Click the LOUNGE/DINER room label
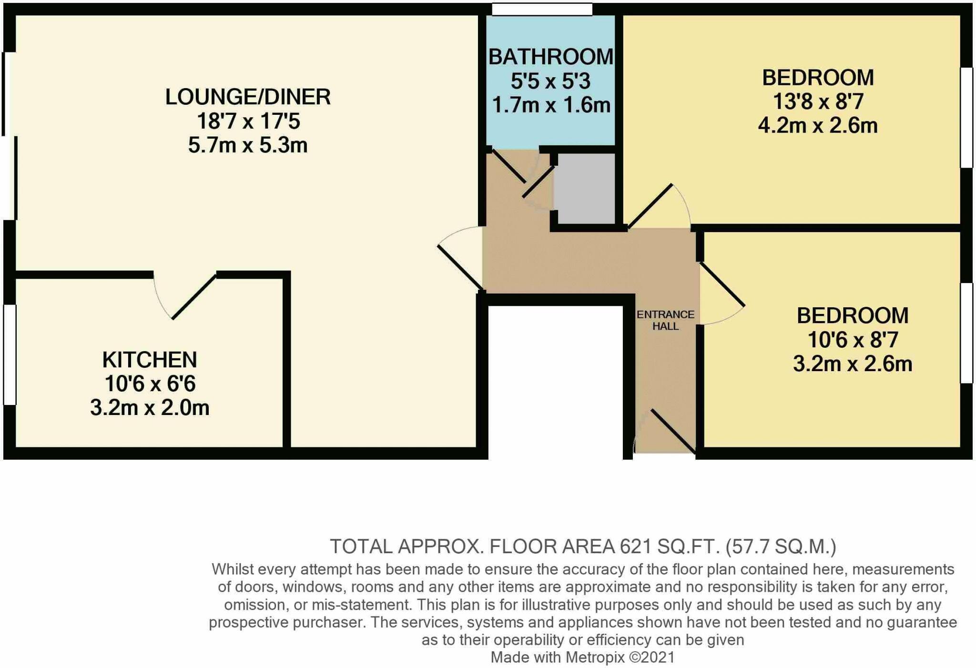(248, 97)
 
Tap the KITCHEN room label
(150, 360)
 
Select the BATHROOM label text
(551, 57)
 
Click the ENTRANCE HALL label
(665, 320)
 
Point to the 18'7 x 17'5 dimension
(248, 121)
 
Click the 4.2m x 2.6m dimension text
(818, 126)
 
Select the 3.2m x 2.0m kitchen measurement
(150, 408)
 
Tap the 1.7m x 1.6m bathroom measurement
(551, 105)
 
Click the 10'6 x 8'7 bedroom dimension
(853, 340)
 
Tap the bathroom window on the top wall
(542, 9)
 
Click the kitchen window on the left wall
(10, 354)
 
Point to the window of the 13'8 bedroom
(966, 118)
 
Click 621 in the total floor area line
(636, 547)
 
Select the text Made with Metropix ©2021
(582, 658)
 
